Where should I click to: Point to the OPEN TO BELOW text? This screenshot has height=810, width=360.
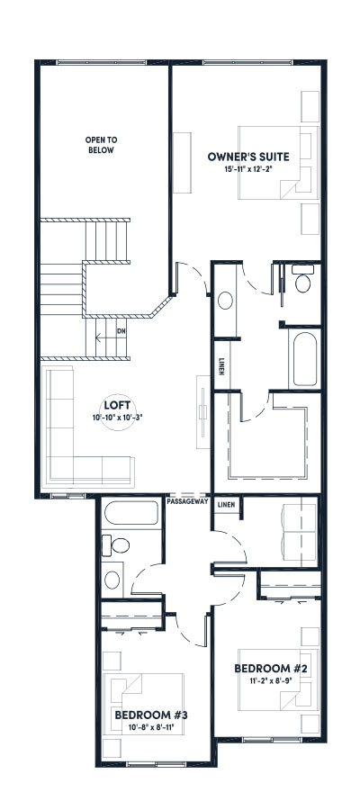(x=101, y=146)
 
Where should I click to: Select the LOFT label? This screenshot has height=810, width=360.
(x=112, y=404)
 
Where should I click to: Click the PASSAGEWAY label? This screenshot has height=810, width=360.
(x=187, y=502)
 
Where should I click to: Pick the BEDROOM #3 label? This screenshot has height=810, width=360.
(x=151, y=715)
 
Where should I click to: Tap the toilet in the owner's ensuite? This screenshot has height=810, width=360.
(x=303, y=283)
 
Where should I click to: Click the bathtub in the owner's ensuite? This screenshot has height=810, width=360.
(x=304, y=358)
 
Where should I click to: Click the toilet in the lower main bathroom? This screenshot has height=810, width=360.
(x=114, y=545)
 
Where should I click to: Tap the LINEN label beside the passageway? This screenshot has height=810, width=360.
(x=226, y=505)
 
